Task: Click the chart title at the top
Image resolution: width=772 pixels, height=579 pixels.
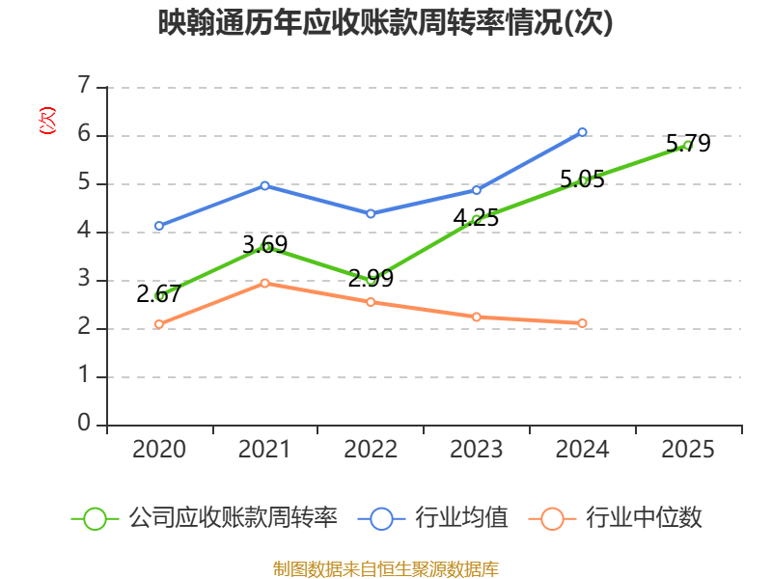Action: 385,22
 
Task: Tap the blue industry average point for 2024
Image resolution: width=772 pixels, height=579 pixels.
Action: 582,132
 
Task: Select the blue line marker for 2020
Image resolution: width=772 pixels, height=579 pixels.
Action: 159,226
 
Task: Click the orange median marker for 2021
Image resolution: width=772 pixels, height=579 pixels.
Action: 264,283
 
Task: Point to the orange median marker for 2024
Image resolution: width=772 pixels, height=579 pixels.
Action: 582,323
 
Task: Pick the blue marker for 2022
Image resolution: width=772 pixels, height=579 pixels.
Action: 371,213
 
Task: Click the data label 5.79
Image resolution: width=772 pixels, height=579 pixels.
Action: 688,143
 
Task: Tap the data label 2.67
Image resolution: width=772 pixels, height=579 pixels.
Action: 158,294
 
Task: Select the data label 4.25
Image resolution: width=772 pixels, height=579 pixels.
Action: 476,218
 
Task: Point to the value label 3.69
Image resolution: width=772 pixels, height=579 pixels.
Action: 264,245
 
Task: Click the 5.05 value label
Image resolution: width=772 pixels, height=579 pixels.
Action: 582,179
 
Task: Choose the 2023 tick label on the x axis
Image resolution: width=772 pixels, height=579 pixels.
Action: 476,449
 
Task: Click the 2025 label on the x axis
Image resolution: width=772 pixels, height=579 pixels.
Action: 688,449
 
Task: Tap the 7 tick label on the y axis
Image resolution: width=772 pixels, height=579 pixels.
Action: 84,85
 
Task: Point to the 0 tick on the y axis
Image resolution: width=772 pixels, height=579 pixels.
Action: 84,423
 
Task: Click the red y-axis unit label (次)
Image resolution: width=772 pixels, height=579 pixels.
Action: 47,121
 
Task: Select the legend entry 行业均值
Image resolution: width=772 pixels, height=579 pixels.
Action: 433,518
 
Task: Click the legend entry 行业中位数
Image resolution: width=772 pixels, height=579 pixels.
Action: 615,518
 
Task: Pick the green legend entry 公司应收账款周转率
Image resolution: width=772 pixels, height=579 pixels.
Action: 205,518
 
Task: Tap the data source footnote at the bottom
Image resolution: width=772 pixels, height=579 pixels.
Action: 385,568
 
